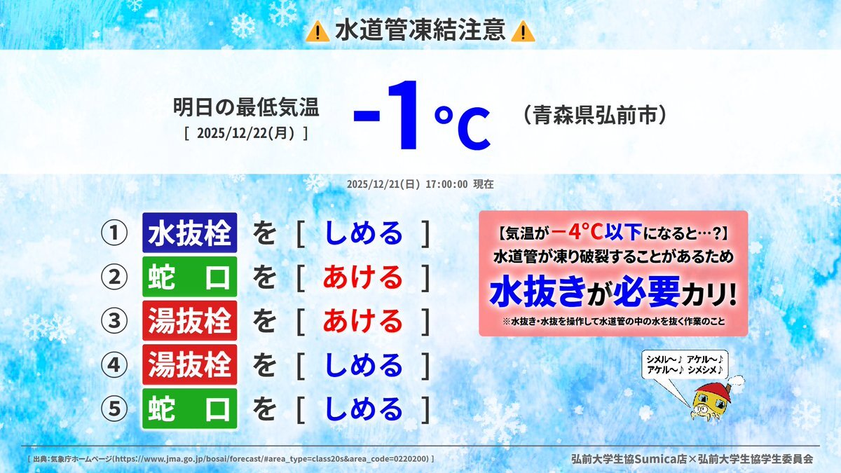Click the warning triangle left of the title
317,31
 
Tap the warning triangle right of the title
523,31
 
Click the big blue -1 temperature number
386,115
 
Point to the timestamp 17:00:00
446,184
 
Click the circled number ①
114,233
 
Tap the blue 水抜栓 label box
190,233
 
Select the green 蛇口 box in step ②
190,277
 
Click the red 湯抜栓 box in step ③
190,321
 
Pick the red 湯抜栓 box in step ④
190,364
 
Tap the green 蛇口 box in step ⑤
190,409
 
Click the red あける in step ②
363,277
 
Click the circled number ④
114,364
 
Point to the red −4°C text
577,233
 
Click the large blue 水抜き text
538,292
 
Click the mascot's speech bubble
685,364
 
